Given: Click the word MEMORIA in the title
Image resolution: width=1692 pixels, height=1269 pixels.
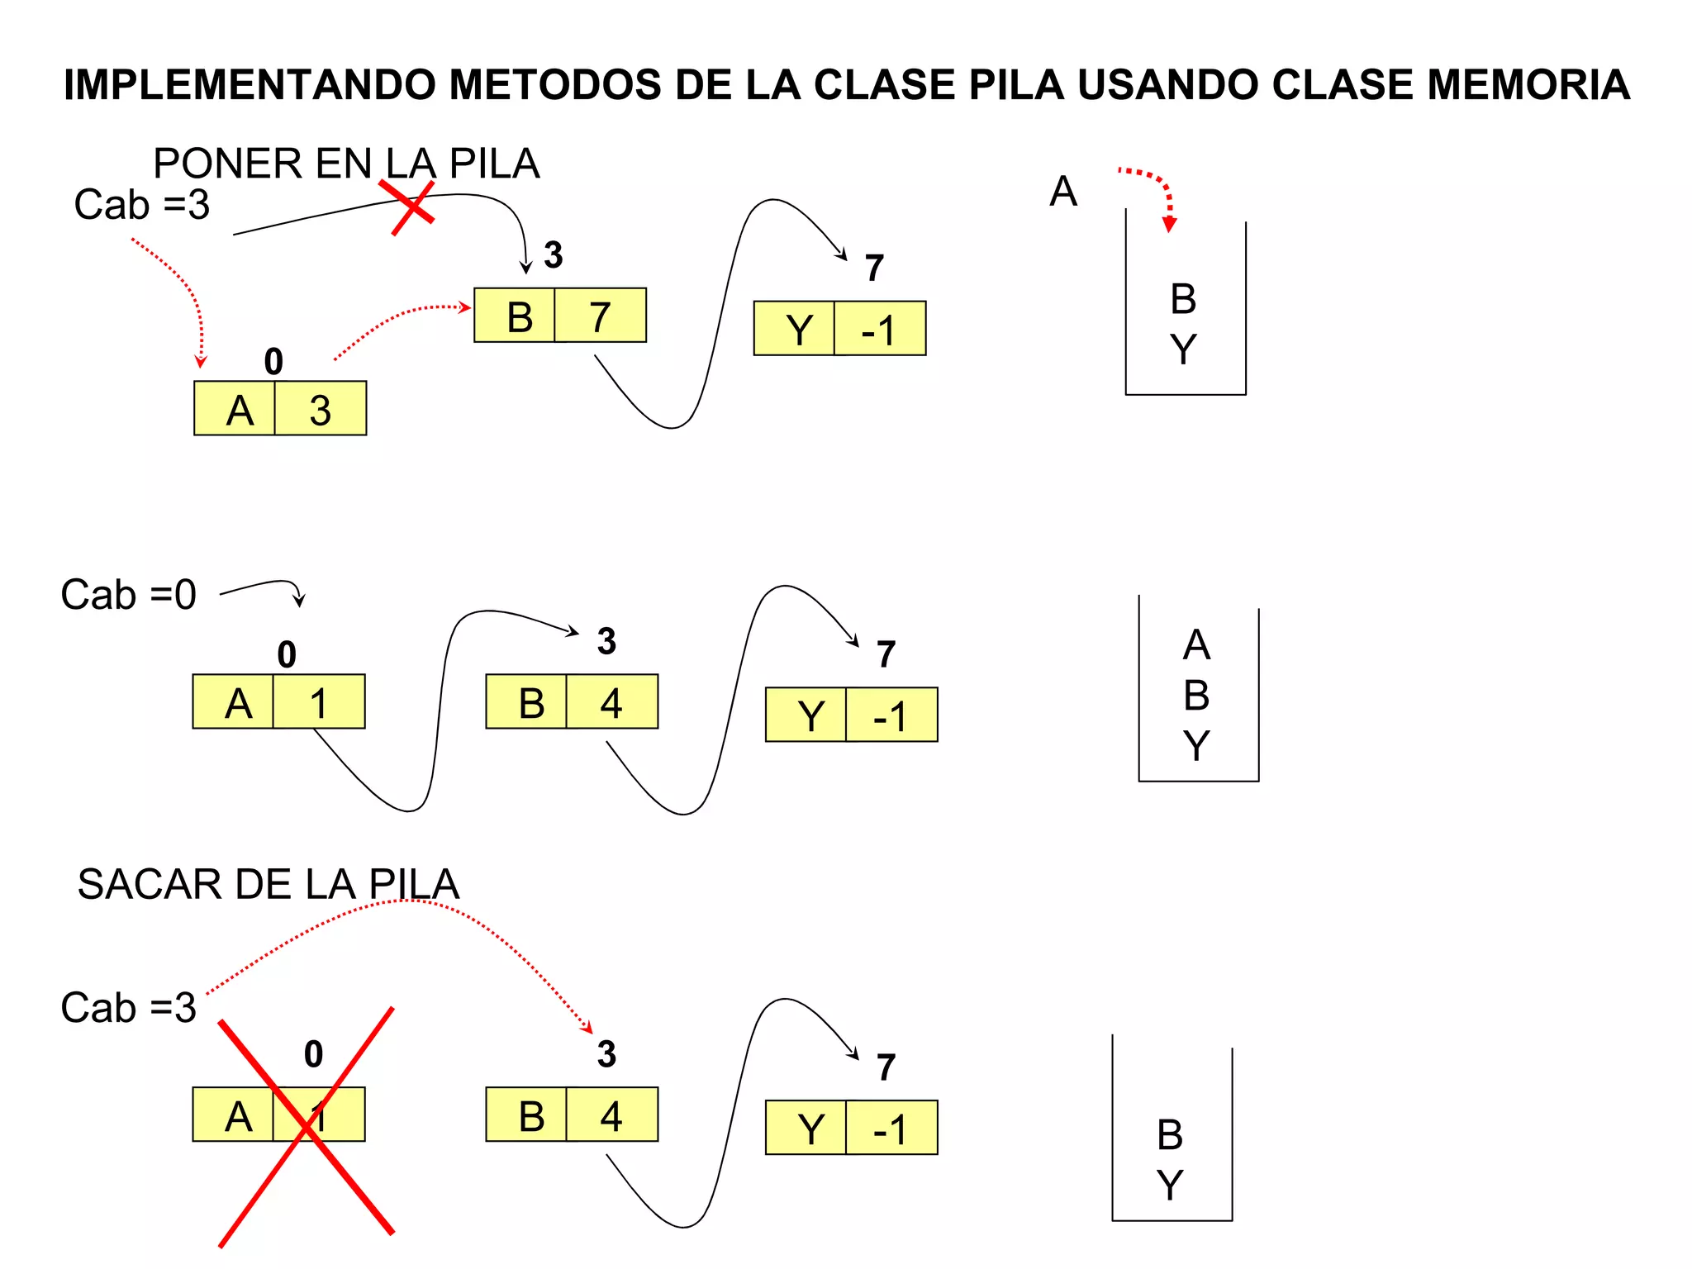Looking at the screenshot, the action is point(1528,84).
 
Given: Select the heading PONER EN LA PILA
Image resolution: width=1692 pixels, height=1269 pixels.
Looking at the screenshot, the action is point(346,164).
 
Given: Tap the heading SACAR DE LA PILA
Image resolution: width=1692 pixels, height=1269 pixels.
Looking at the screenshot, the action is point(268,884).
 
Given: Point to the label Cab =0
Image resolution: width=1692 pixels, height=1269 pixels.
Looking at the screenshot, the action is point(128,595).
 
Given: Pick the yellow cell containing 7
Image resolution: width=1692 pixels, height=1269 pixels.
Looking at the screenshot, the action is point(601,316).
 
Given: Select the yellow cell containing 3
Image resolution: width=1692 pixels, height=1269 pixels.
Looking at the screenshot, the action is point(321,409).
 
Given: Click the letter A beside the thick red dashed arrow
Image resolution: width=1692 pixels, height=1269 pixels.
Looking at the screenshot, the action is point(1063,192).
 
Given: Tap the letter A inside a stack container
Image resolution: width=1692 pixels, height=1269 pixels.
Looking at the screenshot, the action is point(1196,645).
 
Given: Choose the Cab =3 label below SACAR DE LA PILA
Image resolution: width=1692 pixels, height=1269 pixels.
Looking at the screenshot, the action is point(128,1008).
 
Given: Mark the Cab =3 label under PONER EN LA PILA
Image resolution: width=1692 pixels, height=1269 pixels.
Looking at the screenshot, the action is point(141,205).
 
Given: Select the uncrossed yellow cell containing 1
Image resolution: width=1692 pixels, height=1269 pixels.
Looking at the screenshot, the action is point(319,702).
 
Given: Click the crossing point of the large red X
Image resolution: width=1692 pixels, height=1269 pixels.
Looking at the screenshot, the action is point(307,1123).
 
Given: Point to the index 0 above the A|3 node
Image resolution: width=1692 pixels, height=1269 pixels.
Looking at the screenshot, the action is point(273,362).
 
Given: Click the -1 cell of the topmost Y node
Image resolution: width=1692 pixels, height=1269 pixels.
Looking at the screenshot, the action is point(880,329).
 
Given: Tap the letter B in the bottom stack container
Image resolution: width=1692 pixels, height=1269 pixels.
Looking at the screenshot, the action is point(1170,1135).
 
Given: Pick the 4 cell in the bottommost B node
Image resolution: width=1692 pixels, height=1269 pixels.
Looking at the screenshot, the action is point(612,1115).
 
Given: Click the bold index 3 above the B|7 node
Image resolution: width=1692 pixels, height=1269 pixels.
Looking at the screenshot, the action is point(554,255).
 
